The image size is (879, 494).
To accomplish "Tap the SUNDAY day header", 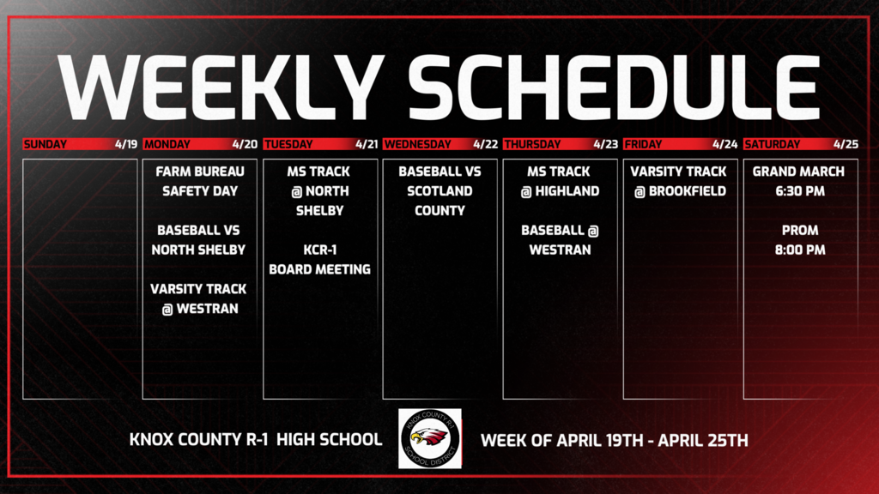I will pyautogui.click(x=45, y=144).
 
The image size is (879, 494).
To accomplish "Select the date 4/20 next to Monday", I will pyautogui.click(x=244, y=144).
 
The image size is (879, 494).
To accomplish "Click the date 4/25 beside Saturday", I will pyautogui.click(x=846, y=144).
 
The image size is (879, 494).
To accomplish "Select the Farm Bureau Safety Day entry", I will pyautogui.click(x=199, y=181).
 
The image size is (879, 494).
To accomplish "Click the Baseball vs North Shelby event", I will pyautogui.click(x=199, y=240).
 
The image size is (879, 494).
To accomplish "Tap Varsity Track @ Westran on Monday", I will pyautogui.click(x=199, y=298).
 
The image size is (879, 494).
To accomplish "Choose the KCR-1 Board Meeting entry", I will pyautogui.click(x=319, y=259).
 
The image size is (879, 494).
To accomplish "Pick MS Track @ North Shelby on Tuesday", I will pyautogui.click(x=319, y=191).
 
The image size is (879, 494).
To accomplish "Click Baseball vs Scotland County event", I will pyautogui.click(x=439, y=190).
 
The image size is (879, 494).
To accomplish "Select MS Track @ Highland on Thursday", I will pyautogui.click(x=560, y=181).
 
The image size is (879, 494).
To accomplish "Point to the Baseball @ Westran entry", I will pyautogui.click(x=560, y=240).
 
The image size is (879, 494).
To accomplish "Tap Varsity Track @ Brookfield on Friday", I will pyautogui.click(x=680, y=181).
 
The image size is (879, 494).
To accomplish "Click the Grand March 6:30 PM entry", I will pyautogui.click(x=799, y=181).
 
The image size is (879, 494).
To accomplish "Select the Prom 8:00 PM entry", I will pyautogui.click(x=799, y=240).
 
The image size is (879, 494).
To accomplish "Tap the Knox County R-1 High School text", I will pyautogui.click(x=255, y=440).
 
